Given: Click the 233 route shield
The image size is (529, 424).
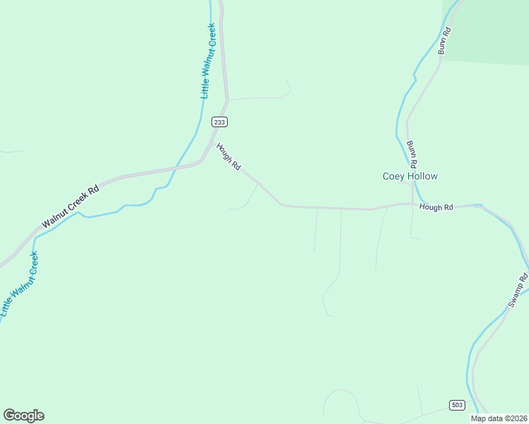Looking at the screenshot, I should (219, 122).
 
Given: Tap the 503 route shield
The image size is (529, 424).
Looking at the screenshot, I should (457, 404).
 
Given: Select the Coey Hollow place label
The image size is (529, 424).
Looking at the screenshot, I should (410, 176).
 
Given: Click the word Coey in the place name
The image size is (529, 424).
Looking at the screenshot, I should (393, 176).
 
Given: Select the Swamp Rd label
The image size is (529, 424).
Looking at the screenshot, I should (518, 290).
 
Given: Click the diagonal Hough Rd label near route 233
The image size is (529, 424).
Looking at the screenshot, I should (229, 158).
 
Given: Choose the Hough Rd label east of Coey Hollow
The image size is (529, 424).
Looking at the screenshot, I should (436, 207).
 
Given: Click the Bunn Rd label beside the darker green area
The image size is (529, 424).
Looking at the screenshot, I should (443, 40).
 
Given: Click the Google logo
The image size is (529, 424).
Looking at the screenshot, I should (23, 416).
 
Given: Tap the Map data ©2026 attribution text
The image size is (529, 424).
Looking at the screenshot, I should (499, 418).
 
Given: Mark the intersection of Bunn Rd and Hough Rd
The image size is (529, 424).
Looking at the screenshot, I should (412, 204).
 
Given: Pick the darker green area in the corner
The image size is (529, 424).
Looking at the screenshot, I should (495, 28).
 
